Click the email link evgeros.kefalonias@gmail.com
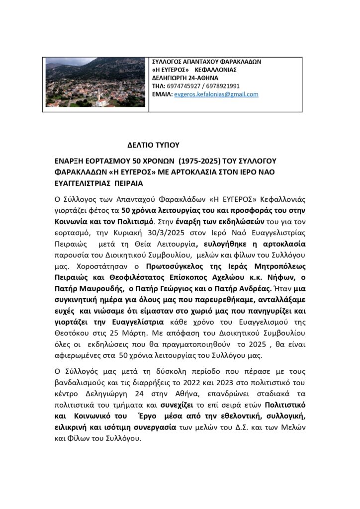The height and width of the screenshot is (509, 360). tap(216, 94)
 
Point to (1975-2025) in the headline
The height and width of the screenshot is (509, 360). tap(209, 162)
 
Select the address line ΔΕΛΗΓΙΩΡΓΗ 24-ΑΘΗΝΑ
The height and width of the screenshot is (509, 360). tap(185, 78)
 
